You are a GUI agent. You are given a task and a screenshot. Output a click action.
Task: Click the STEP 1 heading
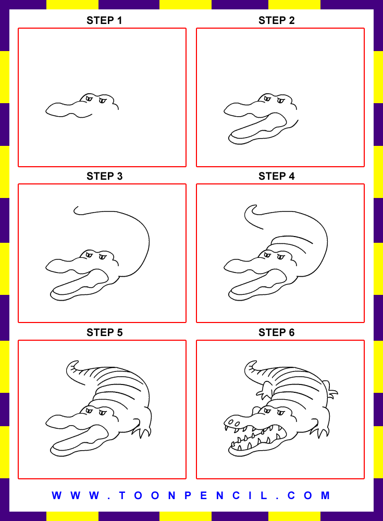point(104,21)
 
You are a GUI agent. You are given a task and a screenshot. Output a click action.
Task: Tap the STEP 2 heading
point(276,21)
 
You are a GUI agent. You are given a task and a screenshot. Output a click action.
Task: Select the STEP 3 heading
point(104,177)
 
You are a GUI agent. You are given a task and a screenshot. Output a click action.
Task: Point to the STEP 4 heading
point(276,177)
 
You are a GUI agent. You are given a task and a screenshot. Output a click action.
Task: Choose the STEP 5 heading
point(104,332)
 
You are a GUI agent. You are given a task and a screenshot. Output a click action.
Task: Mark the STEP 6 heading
point(276,332)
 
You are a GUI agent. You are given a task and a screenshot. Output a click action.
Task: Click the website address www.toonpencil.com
point(191,495)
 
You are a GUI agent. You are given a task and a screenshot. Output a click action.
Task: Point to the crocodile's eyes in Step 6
point(275,413)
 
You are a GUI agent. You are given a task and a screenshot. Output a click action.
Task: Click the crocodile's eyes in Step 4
point(275,256)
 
